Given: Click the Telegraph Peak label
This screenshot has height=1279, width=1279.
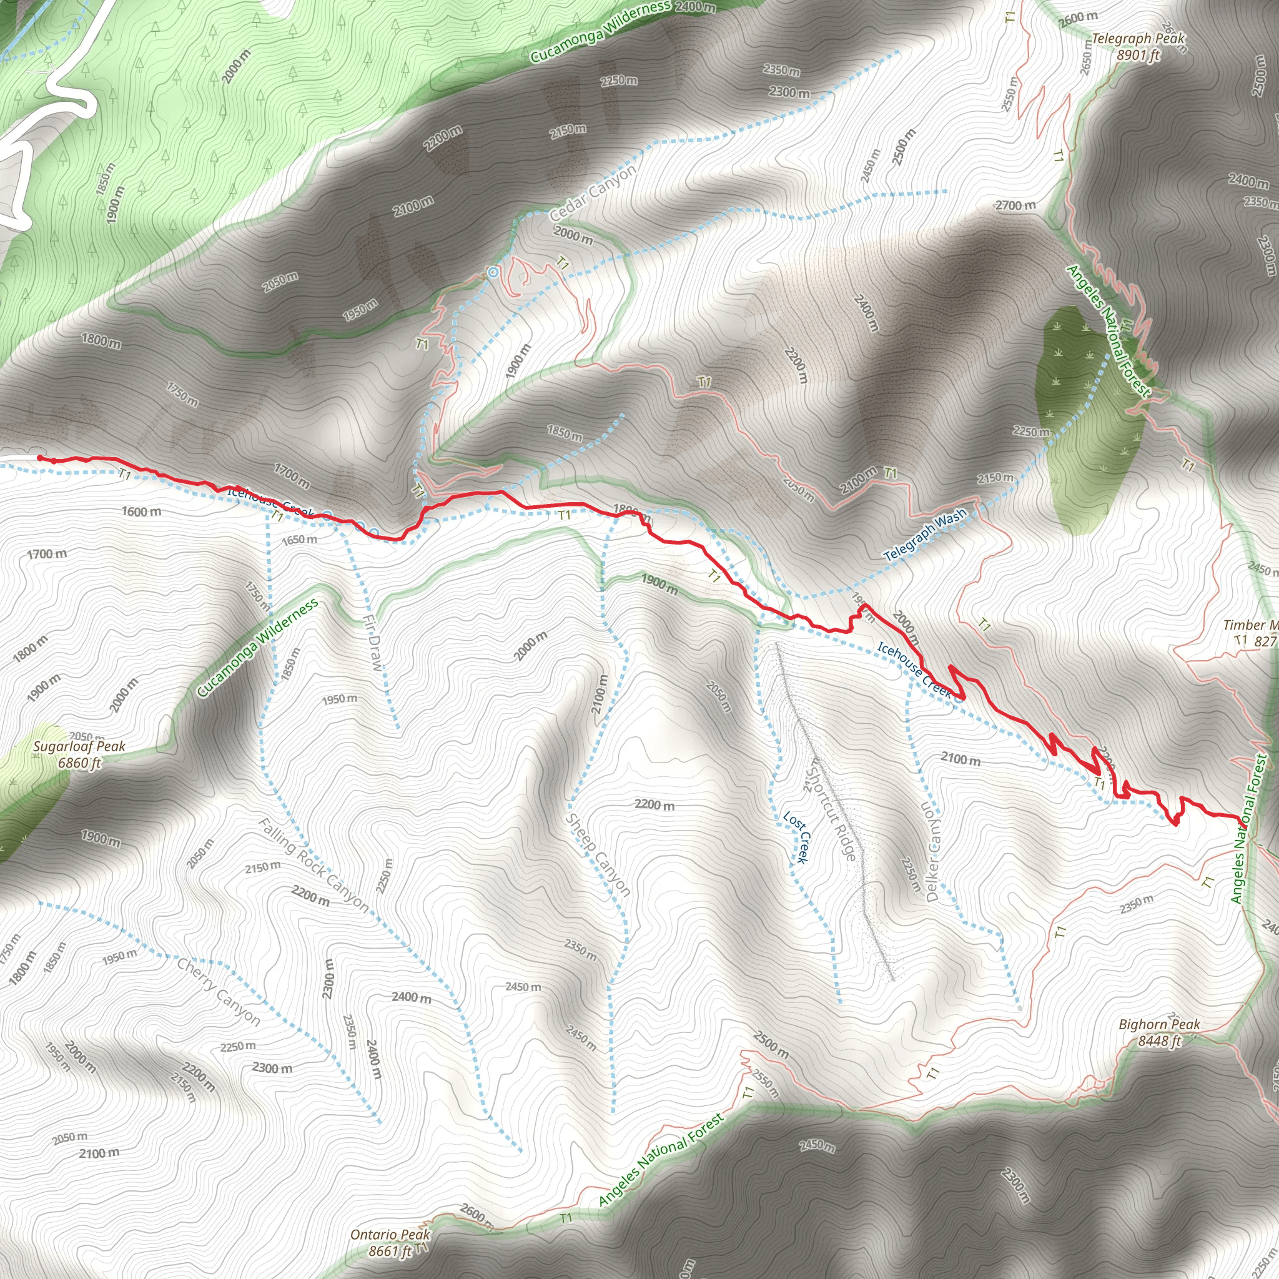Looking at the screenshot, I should (1138, 47).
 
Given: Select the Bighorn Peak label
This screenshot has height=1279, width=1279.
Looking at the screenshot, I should (1159, 1032).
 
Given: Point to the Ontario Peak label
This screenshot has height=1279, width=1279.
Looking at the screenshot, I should (390, 1243).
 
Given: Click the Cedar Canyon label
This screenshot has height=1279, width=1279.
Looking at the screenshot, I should (593, 192).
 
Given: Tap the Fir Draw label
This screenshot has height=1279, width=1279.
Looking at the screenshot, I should (373, 641).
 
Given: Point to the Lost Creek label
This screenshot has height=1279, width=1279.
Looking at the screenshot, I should (795, 837).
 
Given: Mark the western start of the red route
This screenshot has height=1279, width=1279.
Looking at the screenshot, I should (40, 457).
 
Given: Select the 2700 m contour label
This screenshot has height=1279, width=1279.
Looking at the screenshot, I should (1015, 205).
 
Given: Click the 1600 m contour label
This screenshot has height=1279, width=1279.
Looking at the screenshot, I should (141, 511).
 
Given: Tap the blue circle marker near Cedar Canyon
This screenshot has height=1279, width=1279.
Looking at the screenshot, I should (493, 272).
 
